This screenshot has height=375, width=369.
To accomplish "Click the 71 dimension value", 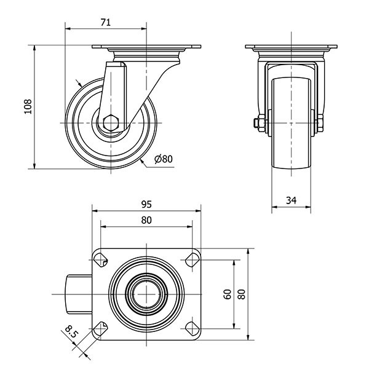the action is [106, 22].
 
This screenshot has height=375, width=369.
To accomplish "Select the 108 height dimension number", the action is [28, 106].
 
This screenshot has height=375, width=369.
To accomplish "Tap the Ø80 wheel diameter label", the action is [164, 159].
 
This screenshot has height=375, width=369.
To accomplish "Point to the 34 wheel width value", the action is [292, 200].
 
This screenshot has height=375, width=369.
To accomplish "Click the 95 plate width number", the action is [146, 204].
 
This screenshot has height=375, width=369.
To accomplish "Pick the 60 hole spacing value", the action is [228, 294].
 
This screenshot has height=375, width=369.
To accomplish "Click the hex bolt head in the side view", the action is [111, 123].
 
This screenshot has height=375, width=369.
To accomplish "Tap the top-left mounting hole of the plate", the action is [100, 259].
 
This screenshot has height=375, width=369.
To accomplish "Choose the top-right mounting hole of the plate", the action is [192, 260].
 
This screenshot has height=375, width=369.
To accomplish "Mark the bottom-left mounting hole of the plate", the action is [100, 329].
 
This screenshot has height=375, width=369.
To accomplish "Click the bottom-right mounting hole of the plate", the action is [192, 329].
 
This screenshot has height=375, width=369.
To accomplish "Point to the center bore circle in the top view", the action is [146, 294].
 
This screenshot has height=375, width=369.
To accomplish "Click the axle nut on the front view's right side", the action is [320, 123].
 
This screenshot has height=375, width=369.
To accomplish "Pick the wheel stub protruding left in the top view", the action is [79, 294].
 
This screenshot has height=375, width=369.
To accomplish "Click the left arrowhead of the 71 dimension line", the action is [68, 29].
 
